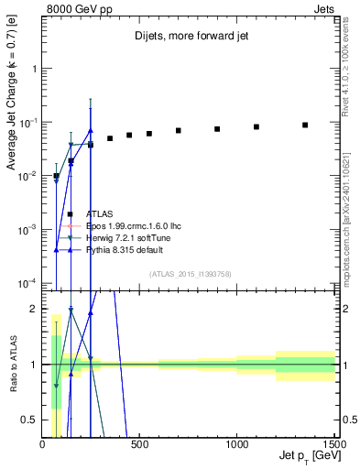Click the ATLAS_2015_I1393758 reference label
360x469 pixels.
[190, 273]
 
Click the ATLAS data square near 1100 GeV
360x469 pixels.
[256, 126]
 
